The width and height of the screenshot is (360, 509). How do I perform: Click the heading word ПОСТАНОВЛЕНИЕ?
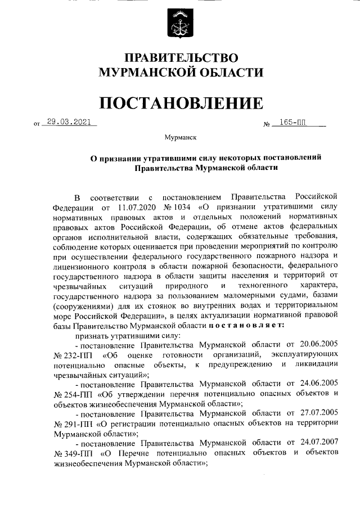tap(181, 103)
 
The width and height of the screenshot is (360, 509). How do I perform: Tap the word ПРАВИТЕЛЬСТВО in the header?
tap(181, 58)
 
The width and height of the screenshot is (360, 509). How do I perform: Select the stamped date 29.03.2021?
tap(69, 121)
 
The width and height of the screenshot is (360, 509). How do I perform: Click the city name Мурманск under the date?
tap(180, 137)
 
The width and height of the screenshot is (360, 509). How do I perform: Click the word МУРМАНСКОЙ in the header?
tap(139, 72)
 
